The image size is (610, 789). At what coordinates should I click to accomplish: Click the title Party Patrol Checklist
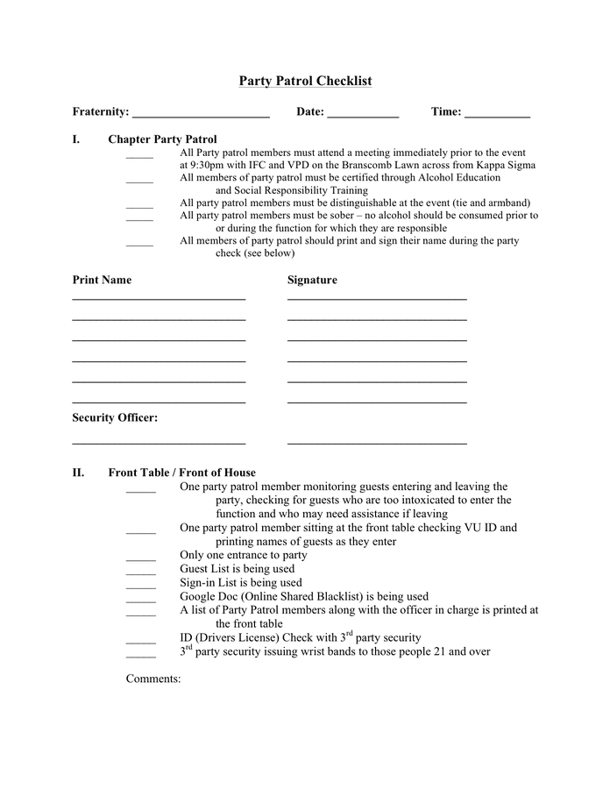tap(305, 82)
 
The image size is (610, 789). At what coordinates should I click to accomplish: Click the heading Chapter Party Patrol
tap(162, 139)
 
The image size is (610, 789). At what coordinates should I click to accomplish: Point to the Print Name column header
tap(102, 281)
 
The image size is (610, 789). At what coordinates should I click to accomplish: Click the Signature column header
tap(312, 281)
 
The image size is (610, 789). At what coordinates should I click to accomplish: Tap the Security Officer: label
tap(115, 418)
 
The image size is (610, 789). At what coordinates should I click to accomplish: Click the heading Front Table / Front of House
tap(181, 473)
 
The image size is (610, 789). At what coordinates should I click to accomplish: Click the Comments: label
tap(153, 679)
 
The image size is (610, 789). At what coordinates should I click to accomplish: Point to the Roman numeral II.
tap(78, 473)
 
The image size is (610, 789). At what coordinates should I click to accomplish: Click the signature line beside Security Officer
tap(377, 444)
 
